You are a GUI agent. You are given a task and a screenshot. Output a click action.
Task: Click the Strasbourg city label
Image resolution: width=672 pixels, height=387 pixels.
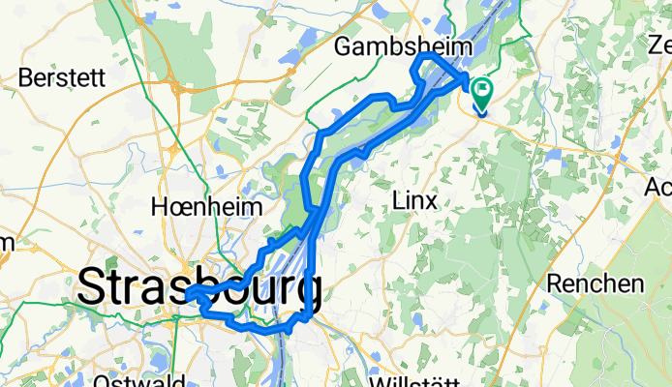(x=199, y=287)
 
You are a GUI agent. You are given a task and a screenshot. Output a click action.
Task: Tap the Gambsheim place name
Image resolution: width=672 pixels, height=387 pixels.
(x=403, y=46)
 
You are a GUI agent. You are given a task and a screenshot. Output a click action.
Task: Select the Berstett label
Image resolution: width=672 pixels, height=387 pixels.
(x=60, y=77)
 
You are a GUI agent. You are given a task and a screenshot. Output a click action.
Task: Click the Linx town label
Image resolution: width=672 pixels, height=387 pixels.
(x=414, y=200)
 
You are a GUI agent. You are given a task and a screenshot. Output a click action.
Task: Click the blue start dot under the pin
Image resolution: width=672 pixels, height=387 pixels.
(x=481, y=109)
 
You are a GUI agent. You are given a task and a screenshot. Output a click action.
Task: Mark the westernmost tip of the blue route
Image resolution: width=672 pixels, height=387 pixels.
(x=186, y=292)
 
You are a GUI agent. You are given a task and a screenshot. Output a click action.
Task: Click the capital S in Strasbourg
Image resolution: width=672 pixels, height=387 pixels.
(x=93, y=287)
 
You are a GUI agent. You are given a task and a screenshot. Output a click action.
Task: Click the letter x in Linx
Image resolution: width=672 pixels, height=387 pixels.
(x=431, y=200)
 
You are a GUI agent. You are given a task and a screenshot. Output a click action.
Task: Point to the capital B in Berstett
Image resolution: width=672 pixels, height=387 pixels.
(x=25, y=77)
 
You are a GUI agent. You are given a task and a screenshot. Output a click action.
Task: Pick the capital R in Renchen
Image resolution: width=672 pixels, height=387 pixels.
(x=555, y=283)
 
